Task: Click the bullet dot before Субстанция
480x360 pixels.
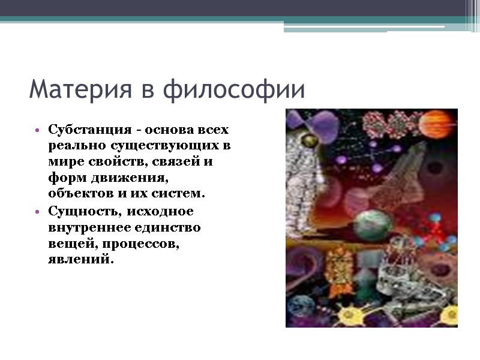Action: (x=38, y=130)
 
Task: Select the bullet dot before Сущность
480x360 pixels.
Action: (x=38, y=212)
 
